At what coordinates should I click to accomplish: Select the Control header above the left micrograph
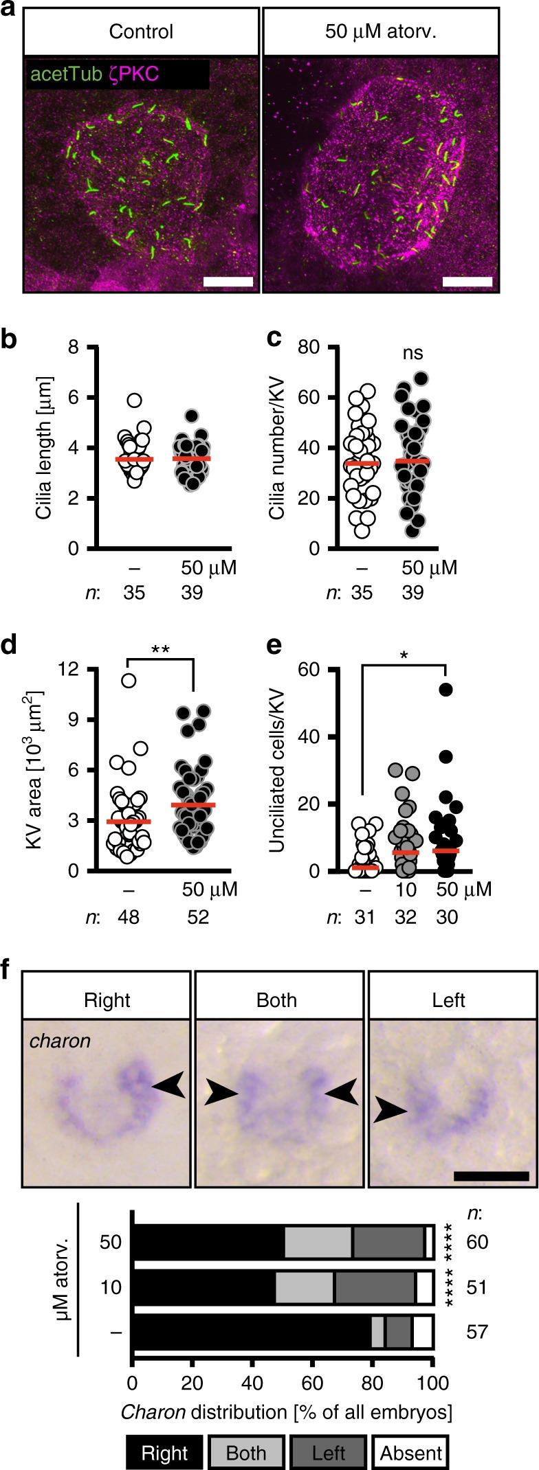pyautogui.click(x=142, y=32)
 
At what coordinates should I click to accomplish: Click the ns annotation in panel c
pyautogui.click(x=412, y=354)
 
